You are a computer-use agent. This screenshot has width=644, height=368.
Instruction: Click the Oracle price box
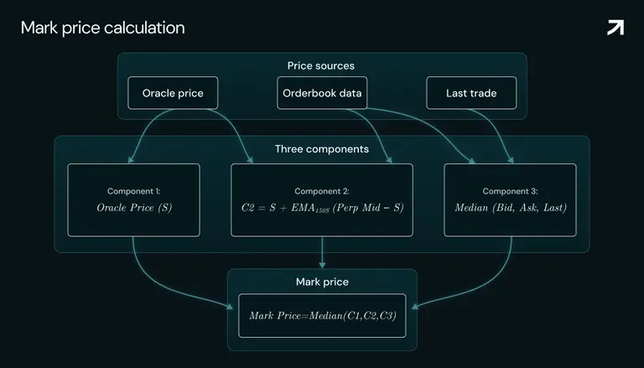click(x=173, y=93)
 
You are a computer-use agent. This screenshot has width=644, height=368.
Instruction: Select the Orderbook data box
click(x=322, y=93)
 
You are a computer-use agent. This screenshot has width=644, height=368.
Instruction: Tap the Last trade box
click(x=471, y=93)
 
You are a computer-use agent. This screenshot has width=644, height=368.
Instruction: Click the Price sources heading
click(x=321, y=65)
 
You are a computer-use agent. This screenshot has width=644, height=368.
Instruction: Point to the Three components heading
click(x=322, y=148)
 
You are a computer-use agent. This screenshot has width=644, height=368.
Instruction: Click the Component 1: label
click(x=134, y=191)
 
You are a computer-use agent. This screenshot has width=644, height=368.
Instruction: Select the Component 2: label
click(x=322, y=191)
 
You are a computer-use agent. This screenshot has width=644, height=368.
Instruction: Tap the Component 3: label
click(x=510, y=191)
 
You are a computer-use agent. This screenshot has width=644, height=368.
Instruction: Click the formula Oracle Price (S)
click(x=134, y=207)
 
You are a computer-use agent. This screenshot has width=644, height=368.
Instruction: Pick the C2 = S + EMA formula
click(x=322, y=208)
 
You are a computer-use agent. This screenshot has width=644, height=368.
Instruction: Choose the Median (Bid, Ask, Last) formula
click(x=511, y=207)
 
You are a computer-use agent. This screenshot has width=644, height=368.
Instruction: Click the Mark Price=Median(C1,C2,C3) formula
click(x=322, y=315)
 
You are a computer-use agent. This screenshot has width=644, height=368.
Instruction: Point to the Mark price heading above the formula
click(x=322, y=282)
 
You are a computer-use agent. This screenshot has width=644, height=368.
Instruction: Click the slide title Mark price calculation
click(x=102, y=28)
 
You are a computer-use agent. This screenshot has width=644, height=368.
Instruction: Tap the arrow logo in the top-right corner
click(x=615, y=28)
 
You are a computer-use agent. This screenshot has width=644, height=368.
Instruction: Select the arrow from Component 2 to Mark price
click(x=322, y=252)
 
